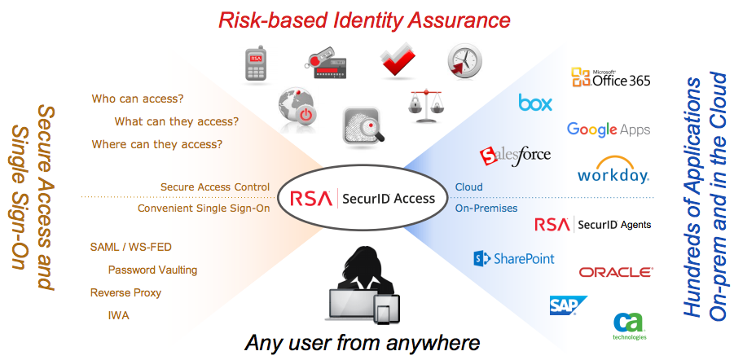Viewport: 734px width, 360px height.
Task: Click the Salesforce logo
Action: click(515, 155)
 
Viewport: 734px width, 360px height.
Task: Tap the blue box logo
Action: click(535, 103)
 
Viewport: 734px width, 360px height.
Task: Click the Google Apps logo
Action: click(609, 130)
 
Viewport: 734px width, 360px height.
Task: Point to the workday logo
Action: click(613, 172)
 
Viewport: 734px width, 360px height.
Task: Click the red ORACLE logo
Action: click(615, 272)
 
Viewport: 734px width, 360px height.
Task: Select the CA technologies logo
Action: click(630, 325)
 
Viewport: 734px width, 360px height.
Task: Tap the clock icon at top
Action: click(464, 62)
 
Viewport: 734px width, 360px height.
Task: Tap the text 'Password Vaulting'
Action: click(152, 270)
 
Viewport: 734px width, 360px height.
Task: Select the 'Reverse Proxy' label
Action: click(125, 292)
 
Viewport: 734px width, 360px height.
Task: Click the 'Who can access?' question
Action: click(137, 99)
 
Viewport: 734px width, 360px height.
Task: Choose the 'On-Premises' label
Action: click(486, 208)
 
